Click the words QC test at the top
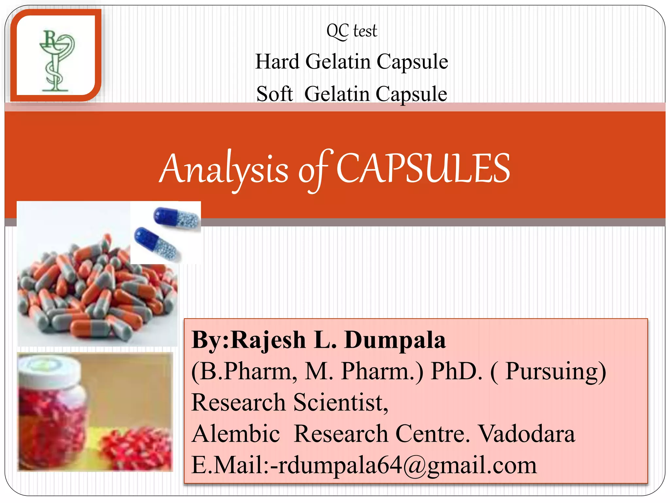pos(352,31)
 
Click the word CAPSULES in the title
pos(423,169)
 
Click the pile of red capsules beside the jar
pos(137,449)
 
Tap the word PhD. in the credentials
pos(456,372)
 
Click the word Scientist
pos(340,402)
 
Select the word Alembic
pos(236,434)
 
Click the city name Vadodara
pos(527,434)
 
